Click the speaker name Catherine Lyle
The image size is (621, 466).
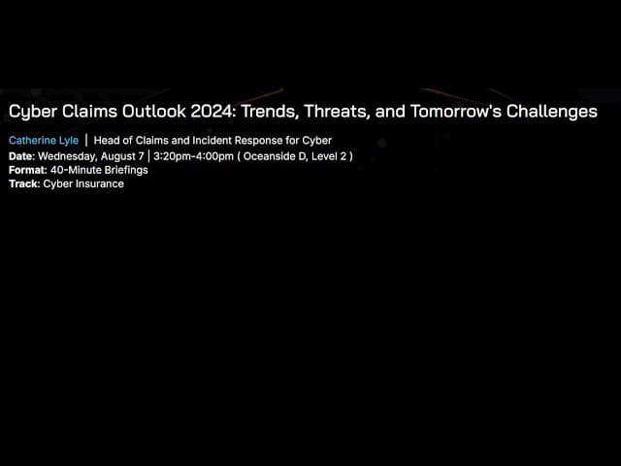coord(44,141)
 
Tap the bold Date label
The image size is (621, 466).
coord(20,155)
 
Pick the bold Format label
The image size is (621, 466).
coord(27,170)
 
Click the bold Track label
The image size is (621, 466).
coord(23,183)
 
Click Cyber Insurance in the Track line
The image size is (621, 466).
coord(83,183)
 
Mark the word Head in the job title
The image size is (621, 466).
coord(106,141)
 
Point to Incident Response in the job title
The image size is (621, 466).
coord(230,141)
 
